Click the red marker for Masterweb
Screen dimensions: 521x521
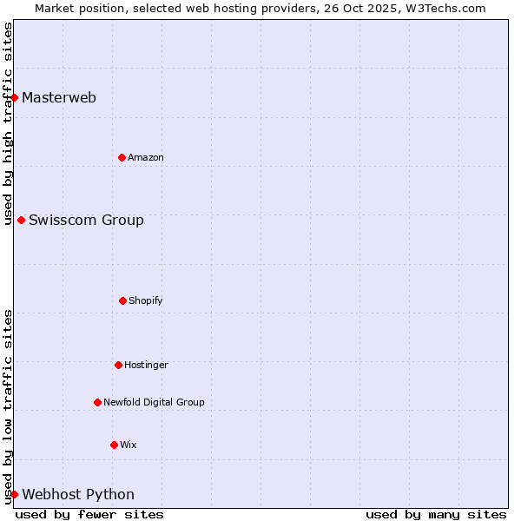[15, 97]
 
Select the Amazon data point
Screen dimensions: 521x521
[122, 157]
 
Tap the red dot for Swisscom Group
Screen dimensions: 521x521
[21, 220]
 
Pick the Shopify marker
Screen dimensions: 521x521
[122, 300]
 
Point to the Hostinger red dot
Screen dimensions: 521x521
[118, 365]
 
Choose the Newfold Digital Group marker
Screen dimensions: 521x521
[97, 402]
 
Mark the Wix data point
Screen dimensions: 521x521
[114, 445]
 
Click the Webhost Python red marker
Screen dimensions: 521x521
[15, 494]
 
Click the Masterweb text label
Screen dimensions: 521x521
[59, 97]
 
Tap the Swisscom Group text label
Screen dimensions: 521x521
[86, 220]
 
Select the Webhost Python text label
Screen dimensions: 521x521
[78, 494]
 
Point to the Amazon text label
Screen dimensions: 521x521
[146, 157]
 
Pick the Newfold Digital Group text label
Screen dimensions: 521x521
[154, 402]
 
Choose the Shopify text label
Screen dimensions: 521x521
[146, 300]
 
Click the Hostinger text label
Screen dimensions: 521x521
[146, 365]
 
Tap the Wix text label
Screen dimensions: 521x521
[129, 445]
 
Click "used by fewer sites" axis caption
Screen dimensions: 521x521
[89, 514]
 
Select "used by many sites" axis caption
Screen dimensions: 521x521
[436, 514]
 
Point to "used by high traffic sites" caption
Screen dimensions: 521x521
[8, 123]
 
